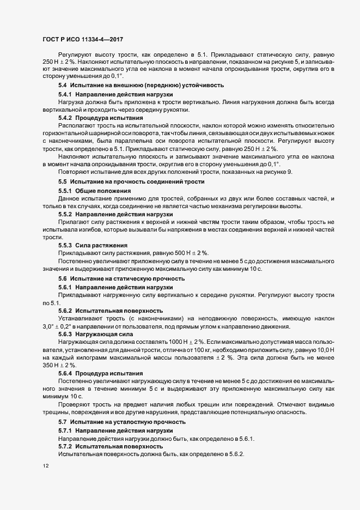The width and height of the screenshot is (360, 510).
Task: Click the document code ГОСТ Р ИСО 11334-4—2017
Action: pyautogui.click(x=79, y=40)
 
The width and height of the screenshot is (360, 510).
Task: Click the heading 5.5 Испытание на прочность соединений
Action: pyautogui.click(x=131, y=181)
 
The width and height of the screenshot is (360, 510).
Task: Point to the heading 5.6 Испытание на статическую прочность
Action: pyautogui.click(x=123, y=278)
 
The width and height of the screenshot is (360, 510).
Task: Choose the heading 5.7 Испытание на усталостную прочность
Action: pyautogui.click(x=122, y=422)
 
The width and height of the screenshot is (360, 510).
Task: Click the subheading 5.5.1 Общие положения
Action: pyautogui.click(x=94, y=191)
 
